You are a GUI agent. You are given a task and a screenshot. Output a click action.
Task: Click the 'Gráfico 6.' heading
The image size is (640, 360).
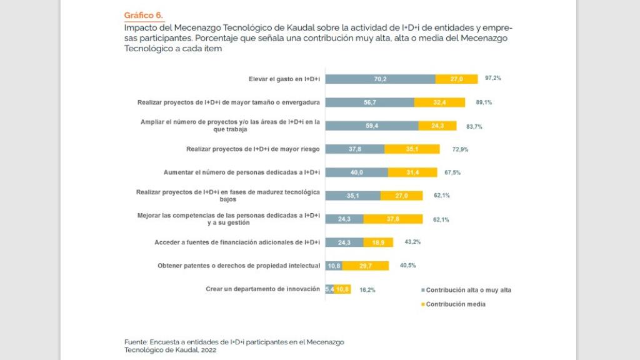pos(144,15)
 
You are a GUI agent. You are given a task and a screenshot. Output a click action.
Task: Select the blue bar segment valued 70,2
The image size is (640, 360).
pos(381,79)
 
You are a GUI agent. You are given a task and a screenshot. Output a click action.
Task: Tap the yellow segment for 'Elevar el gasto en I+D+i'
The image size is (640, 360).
pos(456,79)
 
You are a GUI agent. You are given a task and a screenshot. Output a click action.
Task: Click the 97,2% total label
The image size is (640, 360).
pos(493,79)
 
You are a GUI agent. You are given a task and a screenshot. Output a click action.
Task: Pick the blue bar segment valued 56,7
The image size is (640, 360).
pos(370,102)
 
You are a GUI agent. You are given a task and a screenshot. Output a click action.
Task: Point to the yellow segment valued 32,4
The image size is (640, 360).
pos(439,102)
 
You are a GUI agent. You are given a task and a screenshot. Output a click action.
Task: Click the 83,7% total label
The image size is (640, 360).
pos(474,126)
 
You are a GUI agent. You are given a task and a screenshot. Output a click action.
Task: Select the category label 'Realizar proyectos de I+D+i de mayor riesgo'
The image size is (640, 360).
pos(253,149)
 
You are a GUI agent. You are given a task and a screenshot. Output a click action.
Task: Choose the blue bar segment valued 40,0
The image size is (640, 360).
pos(357,172)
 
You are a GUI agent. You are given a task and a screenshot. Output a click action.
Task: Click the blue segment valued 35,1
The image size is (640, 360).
pos(353,196)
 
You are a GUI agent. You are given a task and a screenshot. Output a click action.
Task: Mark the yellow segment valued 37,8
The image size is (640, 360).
pos(393,219)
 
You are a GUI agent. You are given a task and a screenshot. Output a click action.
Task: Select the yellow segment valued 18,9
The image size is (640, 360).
pos(378,242)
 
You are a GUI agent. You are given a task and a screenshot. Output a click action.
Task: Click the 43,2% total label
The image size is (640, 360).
pos(412,242)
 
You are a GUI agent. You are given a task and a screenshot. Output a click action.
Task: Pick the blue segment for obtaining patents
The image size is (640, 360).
pos(334,266)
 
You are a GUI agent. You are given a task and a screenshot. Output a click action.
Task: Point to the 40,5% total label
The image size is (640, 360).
pos(408,266)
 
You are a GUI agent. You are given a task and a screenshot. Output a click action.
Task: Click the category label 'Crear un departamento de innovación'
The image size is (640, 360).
pos(262,289)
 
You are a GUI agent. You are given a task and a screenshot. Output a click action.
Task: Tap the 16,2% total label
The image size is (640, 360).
pos(367,290)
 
